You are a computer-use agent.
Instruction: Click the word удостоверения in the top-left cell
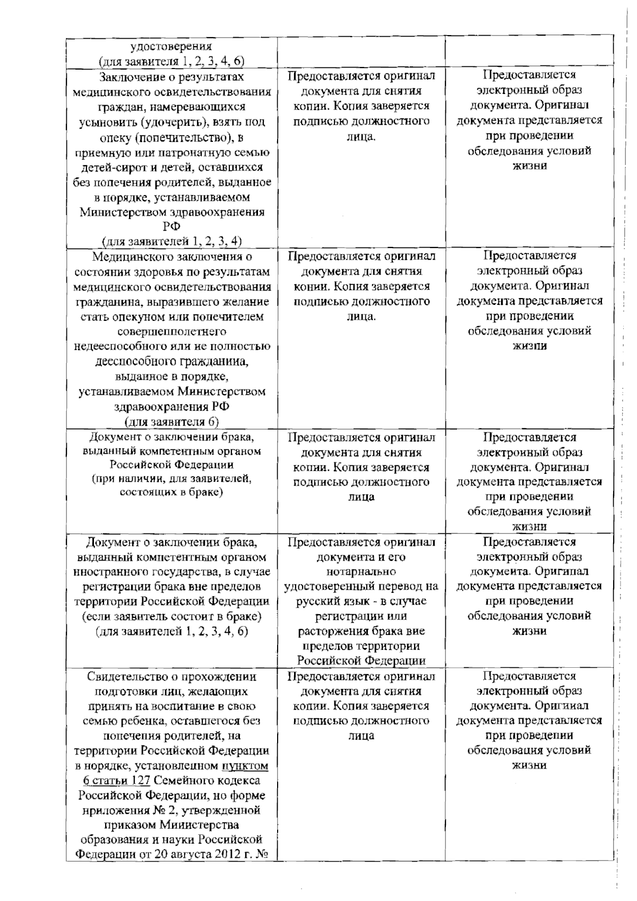click(171, 46)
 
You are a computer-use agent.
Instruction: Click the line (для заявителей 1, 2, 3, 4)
click(171, 241)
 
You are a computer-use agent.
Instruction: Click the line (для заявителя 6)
click(171, 422)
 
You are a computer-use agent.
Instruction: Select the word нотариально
click(361, 572)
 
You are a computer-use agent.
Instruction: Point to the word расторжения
click(332, 632)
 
